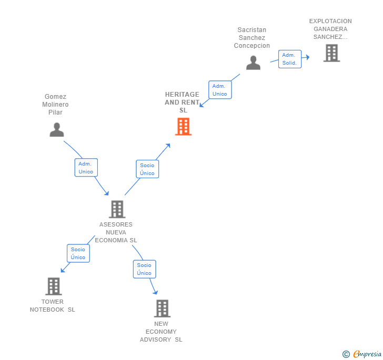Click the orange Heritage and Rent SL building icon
183,127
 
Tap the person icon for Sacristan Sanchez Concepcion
253,63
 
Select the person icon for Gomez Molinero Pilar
56,130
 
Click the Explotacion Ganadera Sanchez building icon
331,53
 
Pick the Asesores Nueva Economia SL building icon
117,209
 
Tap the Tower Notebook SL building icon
53,286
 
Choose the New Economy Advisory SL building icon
162,308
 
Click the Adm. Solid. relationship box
289,59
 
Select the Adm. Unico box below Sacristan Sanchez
220,90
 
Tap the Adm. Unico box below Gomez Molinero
86,168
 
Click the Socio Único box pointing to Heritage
147,169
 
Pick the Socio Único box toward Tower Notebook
78,253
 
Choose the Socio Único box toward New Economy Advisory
144,269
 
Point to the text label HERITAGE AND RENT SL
183,102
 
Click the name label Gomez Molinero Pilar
56,105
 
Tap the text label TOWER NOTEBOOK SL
53,306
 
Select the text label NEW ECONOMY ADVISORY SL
161,332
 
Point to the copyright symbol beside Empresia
346,354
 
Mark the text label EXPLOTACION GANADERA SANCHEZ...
330,29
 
